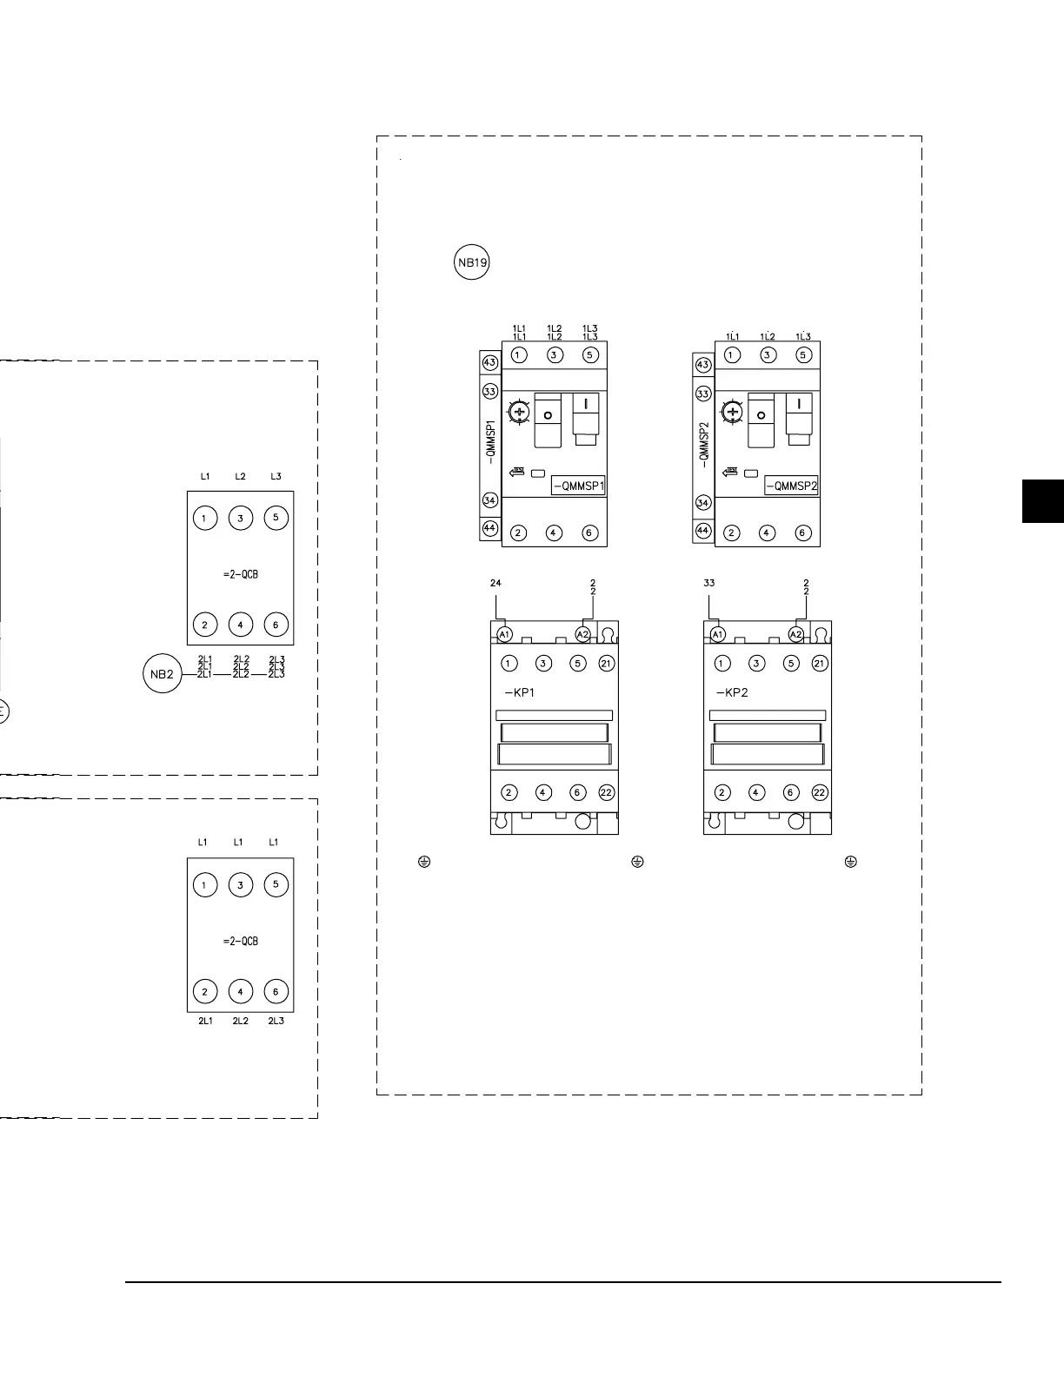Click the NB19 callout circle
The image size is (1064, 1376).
pos(472,263)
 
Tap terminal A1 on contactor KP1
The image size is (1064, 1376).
pos(505,634)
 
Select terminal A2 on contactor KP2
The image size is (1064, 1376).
pos(796,634)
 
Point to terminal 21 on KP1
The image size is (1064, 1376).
pos(607,664)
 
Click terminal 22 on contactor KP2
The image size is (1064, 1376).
pos(820,792)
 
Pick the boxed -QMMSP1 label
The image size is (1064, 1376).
pos(579,486)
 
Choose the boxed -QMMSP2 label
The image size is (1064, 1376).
pos(791,486)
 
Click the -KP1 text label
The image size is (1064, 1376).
pos(520,693)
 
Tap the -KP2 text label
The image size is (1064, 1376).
pos(731,693)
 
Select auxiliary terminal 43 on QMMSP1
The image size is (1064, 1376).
pos(490,362)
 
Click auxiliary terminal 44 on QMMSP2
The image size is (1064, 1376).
pos(703,531)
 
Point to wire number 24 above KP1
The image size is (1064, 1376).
pos(495,584)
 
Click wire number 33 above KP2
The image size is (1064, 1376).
pos(709,584)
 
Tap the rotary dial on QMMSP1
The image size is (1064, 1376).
pos(520,413)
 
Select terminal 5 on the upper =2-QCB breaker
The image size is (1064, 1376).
pos(276,518)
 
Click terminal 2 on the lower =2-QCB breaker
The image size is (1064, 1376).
pos(204,991)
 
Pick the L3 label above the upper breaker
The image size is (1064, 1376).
pos(276,477)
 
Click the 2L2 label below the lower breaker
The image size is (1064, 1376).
pos(240,1022)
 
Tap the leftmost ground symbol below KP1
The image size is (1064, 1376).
pos(424,862)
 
